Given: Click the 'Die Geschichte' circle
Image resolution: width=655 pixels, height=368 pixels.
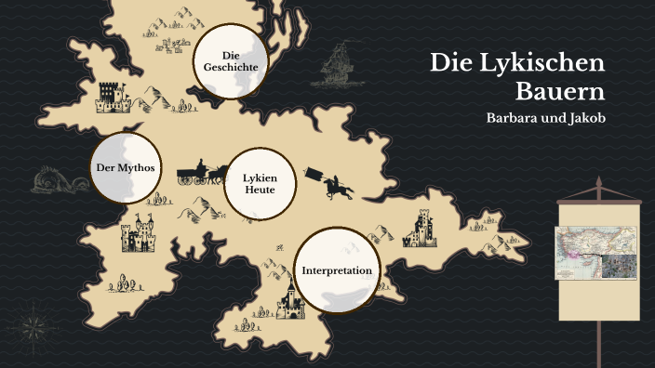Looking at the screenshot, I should click(x=230, y=61).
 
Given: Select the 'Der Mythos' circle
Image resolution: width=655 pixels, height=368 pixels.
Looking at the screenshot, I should click(x=124, y=168).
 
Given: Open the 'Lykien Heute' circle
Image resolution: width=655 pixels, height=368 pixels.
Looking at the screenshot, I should click(x=260, y=183).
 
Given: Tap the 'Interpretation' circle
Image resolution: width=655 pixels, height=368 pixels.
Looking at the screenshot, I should click(x=337, y=270).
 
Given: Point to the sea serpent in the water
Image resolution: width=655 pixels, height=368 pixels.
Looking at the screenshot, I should click(x=54, y=181).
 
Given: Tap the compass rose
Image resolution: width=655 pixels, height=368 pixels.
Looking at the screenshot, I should click(x=34, y=325).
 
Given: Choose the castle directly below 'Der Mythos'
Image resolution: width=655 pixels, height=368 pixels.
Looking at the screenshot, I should click(x=139, y=234).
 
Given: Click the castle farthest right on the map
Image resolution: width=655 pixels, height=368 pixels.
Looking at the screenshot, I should click(x=421, y=229).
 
